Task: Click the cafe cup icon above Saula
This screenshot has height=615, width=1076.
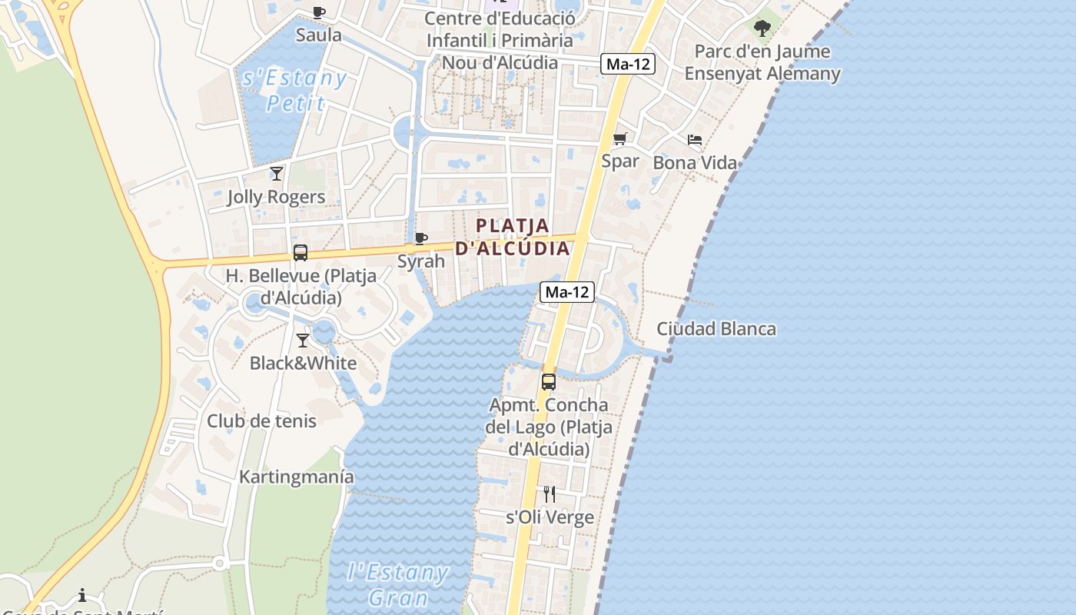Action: pyautogui.click(x=319, y=12)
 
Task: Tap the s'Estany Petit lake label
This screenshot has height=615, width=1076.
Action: pyautogui.click(x=294, y=90)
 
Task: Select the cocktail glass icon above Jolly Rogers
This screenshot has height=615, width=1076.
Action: pyautogui.click(x=277, y=174)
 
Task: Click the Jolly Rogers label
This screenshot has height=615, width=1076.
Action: pyautogui.click(x=276, y=197)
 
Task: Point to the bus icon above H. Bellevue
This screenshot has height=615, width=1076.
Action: pyautogui.click(x=301, y=252)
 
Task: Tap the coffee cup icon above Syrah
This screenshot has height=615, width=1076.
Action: pyautogui.click(x=420, y=238)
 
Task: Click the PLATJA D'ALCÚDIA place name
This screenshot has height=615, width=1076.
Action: pyautogui.click(x=513, y=237)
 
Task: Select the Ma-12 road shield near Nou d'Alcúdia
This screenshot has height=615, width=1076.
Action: pyautogui.click(x=628, y=65)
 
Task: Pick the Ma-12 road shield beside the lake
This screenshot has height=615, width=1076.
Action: pyautogui.click(x=567, y=292)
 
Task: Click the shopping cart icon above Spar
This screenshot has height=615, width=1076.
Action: pyautogui.click(x=620, y=139)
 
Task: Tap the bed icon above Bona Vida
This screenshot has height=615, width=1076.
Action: pyautogui.click(x=695, y=140)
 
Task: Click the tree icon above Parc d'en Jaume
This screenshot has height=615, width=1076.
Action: pyautogui.click(x=762, y=29)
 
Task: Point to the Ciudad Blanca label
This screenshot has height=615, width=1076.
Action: pyautogui.click(x=716, y=329)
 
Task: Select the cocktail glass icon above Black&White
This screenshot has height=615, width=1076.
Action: pyautogui.click(x=303, y=340)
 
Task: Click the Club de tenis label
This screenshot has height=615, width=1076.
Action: pyautogui.click(x=261, y=421)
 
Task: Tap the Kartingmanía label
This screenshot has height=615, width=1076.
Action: pyautogui.click(x=297, y=477)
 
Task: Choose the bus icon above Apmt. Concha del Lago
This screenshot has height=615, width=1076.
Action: pyautogui.click(x=549, y=381)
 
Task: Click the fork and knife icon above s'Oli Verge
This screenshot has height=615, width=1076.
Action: pyautogui.click(x=550, y=494)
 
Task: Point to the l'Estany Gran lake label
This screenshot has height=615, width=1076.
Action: pyautogui.click(x=398, y=584)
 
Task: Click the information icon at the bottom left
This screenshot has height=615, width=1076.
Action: pyautogui.click(x=82, y=595)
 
